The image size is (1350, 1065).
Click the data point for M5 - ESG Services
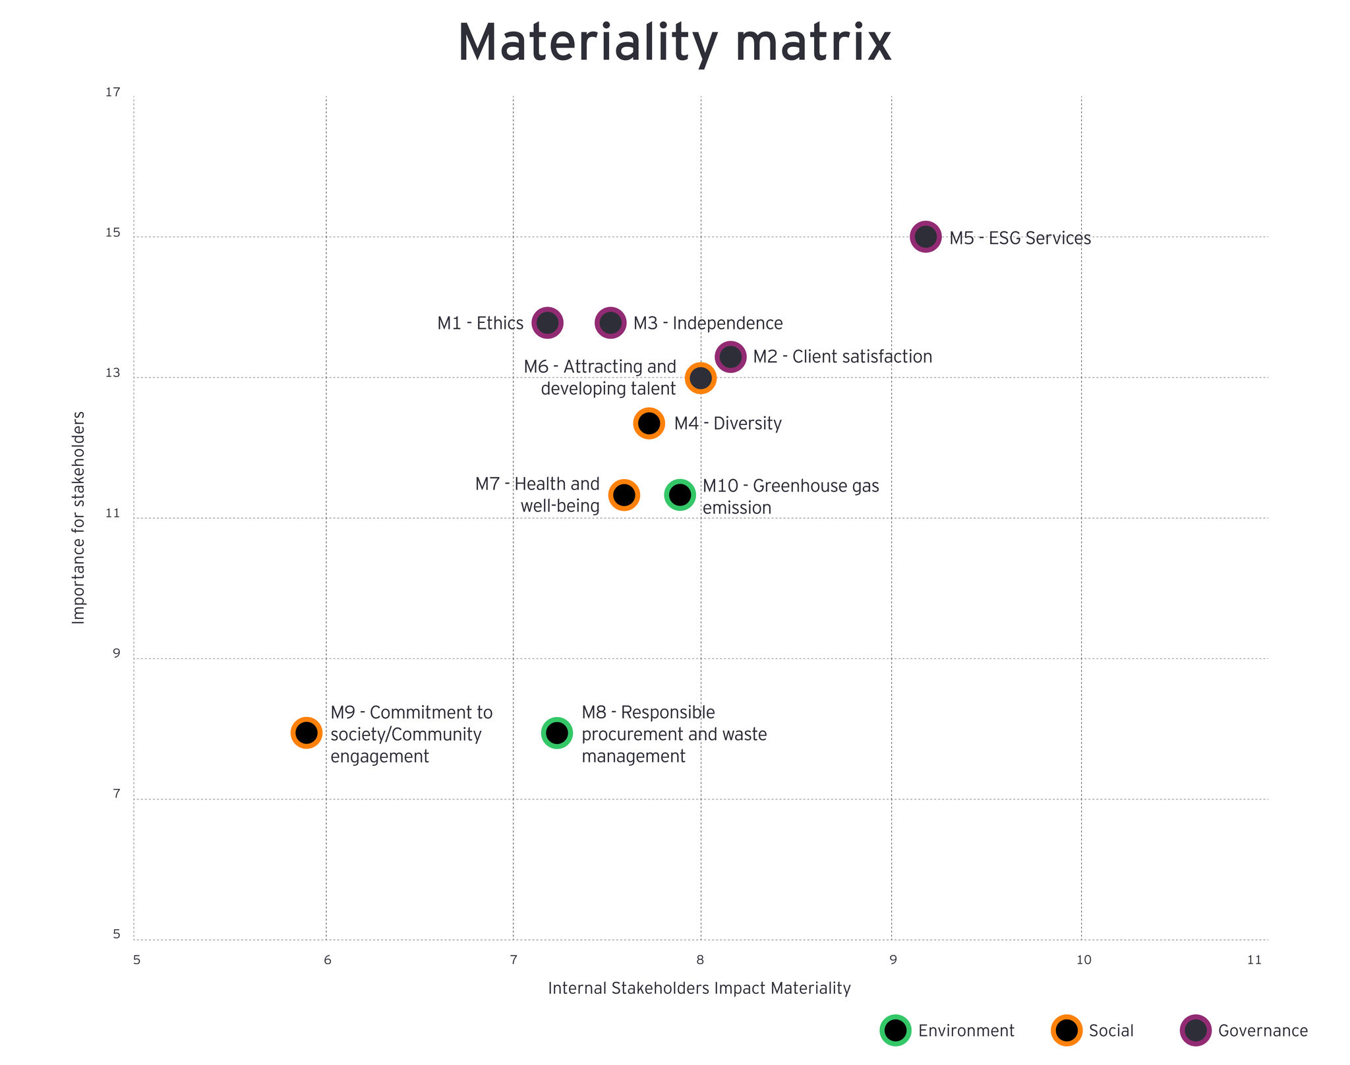click(925, 237)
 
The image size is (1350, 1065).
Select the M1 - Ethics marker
click(547, 323)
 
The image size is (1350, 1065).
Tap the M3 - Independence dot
click(610, 323)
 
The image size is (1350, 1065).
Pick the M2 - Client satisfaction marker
click(730, 357)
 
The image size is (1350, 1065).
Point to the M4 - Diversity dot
click(649, 422)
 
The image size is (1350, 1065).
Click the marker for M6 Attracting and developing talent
click(701, 378)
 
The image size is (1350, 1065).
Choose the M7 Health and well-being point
click(624, 494)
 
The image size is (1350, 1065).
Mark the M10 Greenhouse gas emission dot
click(680, 494)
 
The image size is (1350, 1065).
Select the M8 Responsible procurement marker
click(557, 732)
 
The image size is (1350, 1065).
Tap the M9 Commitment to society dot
click(306, 732)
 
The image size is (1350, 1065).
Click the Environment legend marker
click(895, 1030)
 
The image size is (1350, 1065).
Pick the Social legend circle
click(1066, 1030)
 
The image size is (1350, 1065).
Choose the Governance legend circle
click(1195, 1030)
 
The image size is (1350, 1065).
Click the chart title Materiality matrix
click(674, 43)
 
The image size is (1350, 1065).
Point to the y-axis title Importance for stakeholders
click(78, 517)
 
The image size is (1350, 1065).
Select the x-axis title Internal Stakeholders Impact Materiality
click(699, 989)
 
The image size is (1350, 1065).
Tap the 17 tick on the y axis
click(113, 92)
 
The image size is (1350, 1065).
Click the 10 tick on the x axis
click(1084, 960)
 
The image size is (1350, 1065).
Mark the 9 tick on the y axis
click(116, 654)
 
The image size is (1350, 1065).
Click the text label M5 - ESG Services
click(1020, 239)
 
